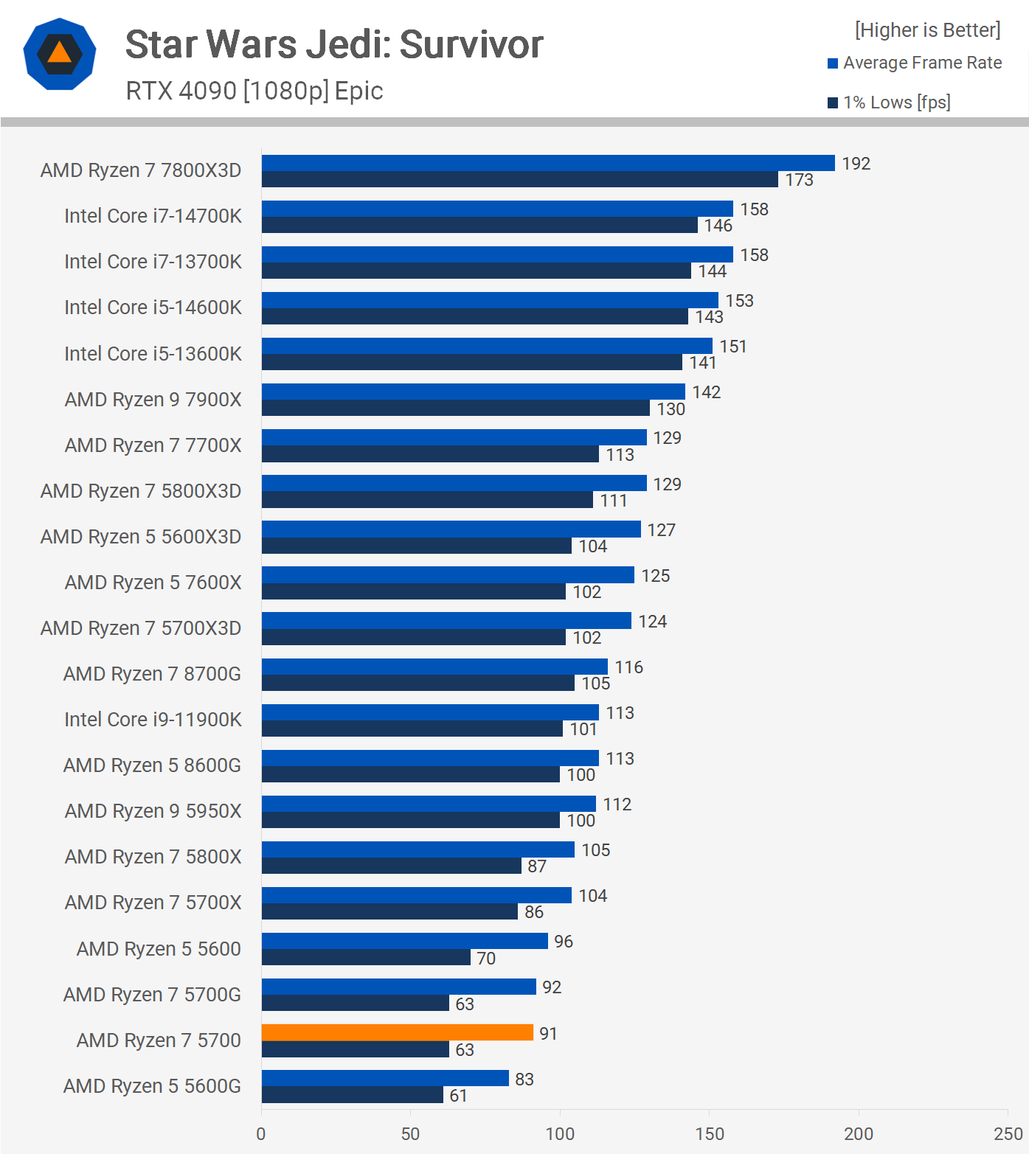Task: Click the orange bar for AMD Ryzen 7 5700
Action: (397, 1032)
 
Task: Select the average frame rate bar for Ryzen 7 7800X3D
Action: (547, 163)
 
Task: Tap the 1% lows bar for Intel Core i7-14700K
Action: (479, 225)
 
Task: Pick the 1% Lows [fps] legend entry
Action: (895, 102)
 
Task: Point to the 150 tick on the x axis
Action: (709, 1133)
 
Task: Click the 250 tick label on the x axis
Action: (1008, 1133)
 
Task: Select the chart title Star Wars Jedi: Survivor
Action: (334, 44)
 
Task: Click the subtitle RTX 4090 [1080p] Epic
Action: (254, 91)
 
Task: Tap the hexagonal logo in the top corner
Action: (60, 54)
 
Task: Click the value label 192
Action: (856, 164)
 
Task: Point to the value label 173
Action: (799, 180)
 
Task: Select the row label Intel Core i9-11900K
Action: (153, 720)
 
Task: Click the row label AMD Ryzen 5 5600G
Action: (152, 1086)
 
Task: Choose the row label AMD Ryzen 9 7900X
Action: (153, 400)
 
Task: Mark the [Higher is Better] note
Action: (927, 30)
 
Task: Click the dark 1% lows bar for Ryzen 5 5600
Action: (366, 957)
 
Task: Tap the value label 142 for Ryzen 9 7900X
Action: (706, 392)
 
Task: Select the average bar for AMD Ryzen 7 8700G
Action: (434, 667)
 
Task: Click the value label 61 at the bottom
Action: (458, 1096)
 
